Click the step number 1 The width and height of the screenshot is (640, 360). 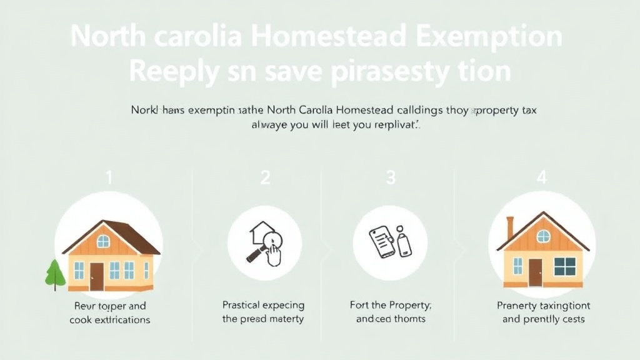coord(109,177)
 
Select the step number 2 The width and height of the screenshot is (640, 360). coord(265,177)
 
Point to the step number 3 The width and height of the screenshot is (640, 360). coord(391,177)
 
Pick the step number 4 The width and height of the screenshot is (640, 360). coord(541,177)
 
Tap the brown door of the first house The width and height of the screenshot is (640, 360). coord(96,276)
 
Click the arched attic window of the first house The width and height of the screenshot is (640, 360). coord(103,241)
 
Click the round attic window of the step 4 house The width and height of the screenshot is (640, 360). coord(543,236)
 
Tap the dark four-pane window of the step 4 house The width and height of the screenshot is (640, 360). coord(564,266)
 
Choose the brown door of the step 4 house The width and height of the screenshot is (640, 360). coord(535,272)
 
